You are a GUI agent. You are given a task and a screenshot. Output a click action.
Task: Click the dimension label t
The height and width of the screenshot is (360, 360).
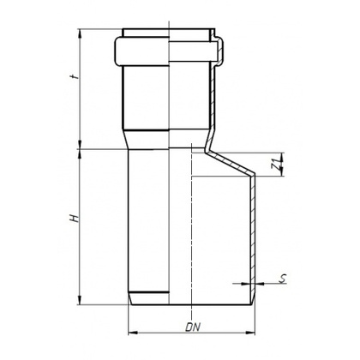coord(75,77)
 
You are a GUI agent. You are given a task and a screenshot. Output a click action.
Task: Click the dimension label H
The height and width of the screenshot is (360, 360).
coord(75,219)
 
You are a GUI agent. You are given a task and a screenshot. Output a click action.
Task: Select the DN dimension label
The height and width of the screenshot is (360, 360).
coord(193,327)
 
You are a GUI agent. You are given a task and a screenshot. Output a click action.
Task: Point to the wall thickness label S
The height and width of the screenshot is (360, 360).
coord(283,279)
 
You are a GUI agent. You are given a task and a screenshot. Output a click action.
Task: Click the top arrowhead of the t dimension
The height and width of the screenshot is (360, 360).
coord(80,33)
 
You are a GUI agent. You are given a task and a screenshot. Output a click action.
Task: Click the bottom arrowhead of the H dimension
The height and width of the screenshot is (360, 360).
coord(80,301)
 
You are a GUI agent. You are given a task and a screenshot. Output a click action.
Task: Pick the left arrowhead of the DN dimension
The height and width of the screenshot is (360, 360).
coord(132,333)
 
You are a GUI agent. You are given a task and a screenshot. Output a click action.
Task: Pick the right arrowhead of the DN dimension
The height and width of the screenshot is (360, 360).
coord(251,333)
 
